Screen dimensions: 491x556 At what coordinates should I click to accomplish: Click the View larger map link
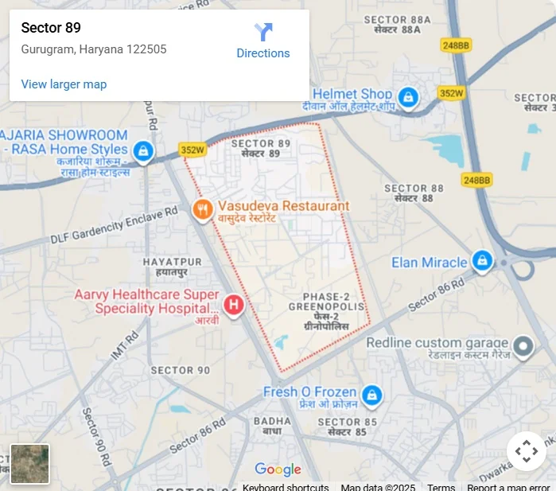point(64,84)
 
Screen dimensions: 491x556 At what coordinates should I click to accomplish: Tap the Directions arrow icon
point(263,32)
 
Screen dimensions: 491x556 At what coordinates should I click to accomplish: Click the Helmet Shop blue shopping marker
point(408,98)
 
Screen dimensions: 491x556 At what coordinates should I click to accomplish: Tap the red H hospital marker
point(233,304)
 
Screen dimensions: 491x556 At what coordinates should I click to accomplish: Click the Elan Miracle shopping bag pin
point(482,260)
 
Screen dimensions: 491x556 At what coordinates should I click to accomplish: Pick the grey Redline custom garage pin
point(523,346)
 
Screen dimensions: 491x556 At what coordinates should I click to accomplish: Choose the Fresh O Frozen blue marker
point(371,395)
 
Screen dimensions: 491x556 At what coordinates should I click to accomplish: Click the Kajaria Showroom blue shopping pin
point(143,150)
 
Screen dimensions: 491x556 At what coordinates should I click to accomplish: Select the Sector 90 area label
point(181,370)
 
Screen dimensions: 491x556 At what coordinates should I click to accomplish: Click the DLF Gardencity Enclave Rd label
point(114,227)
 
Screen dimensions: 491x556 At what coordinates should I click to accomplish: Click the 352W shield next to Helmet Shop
point(451,93)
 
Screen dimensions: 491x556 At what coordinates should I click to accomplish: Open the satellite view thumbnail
point(30,464)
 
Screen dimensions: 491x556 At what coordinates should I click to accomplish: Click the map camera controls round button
point(526,451)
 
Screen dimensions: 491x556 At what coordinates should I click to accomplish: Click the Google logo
point(278,470)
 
